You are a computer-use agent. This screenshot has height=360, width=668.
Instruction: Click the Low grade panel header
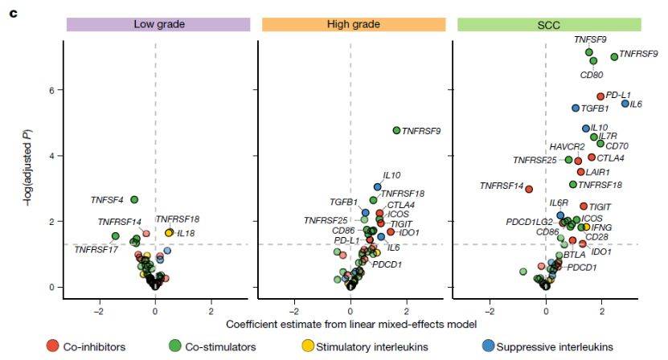(158, 24)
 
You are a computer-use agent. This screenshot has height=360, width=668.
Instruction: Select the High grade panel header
(354, 24)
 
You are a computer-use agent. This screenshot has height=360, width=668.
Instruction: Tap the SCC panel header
(549, 25)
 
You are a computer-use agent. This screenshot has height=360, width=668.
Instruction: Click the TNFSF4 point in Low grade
(134, 199)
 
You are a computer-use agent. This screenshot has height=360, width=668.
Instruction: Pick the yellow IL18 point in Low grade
(169, 232)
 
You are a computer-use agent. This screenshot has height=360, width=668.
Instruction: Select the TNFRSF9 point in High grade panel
(396, 130)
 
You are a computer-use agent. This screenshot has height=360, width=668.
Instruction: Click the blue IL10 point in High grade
(378, 187)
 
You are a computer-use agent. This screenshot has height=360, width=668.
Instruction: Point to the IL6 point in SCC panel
(625, 104)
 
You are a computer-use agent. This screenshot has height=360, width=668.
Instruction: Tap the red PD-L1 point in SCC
(600, 96)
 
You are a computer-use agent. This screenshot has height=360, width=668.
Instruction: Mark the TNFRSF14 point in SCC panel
(529, 189)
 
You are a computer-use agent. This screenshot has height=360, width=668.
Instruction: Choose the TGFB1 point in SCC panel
(576, 108)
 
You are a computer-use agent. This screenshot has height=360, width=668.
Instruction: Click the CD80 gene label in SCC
(592, 75)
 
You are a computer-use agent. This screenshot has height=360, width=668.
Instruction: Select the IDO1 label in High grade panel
(409, 232)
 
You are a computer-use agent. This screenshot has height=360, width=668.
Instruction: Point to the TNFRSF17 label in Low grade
(96, 250)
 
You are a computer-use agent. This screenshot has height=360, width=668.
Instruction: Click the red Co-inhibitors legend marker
(52, 346)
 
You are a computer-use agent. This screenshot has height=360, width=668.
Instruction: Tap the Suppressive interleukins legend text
(555, 347)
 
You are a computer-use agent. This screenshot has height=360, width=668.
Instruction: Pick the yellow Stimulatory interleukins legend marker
(308, 346)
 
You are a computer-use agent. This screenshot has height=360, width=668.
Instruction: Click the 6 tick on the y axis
(51, 90)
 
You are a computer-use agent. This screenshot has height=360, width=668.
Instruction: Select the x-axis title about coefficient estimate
(351, 324)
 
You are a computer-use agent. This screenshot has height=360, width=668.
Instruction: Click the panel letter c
(14, 14)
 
